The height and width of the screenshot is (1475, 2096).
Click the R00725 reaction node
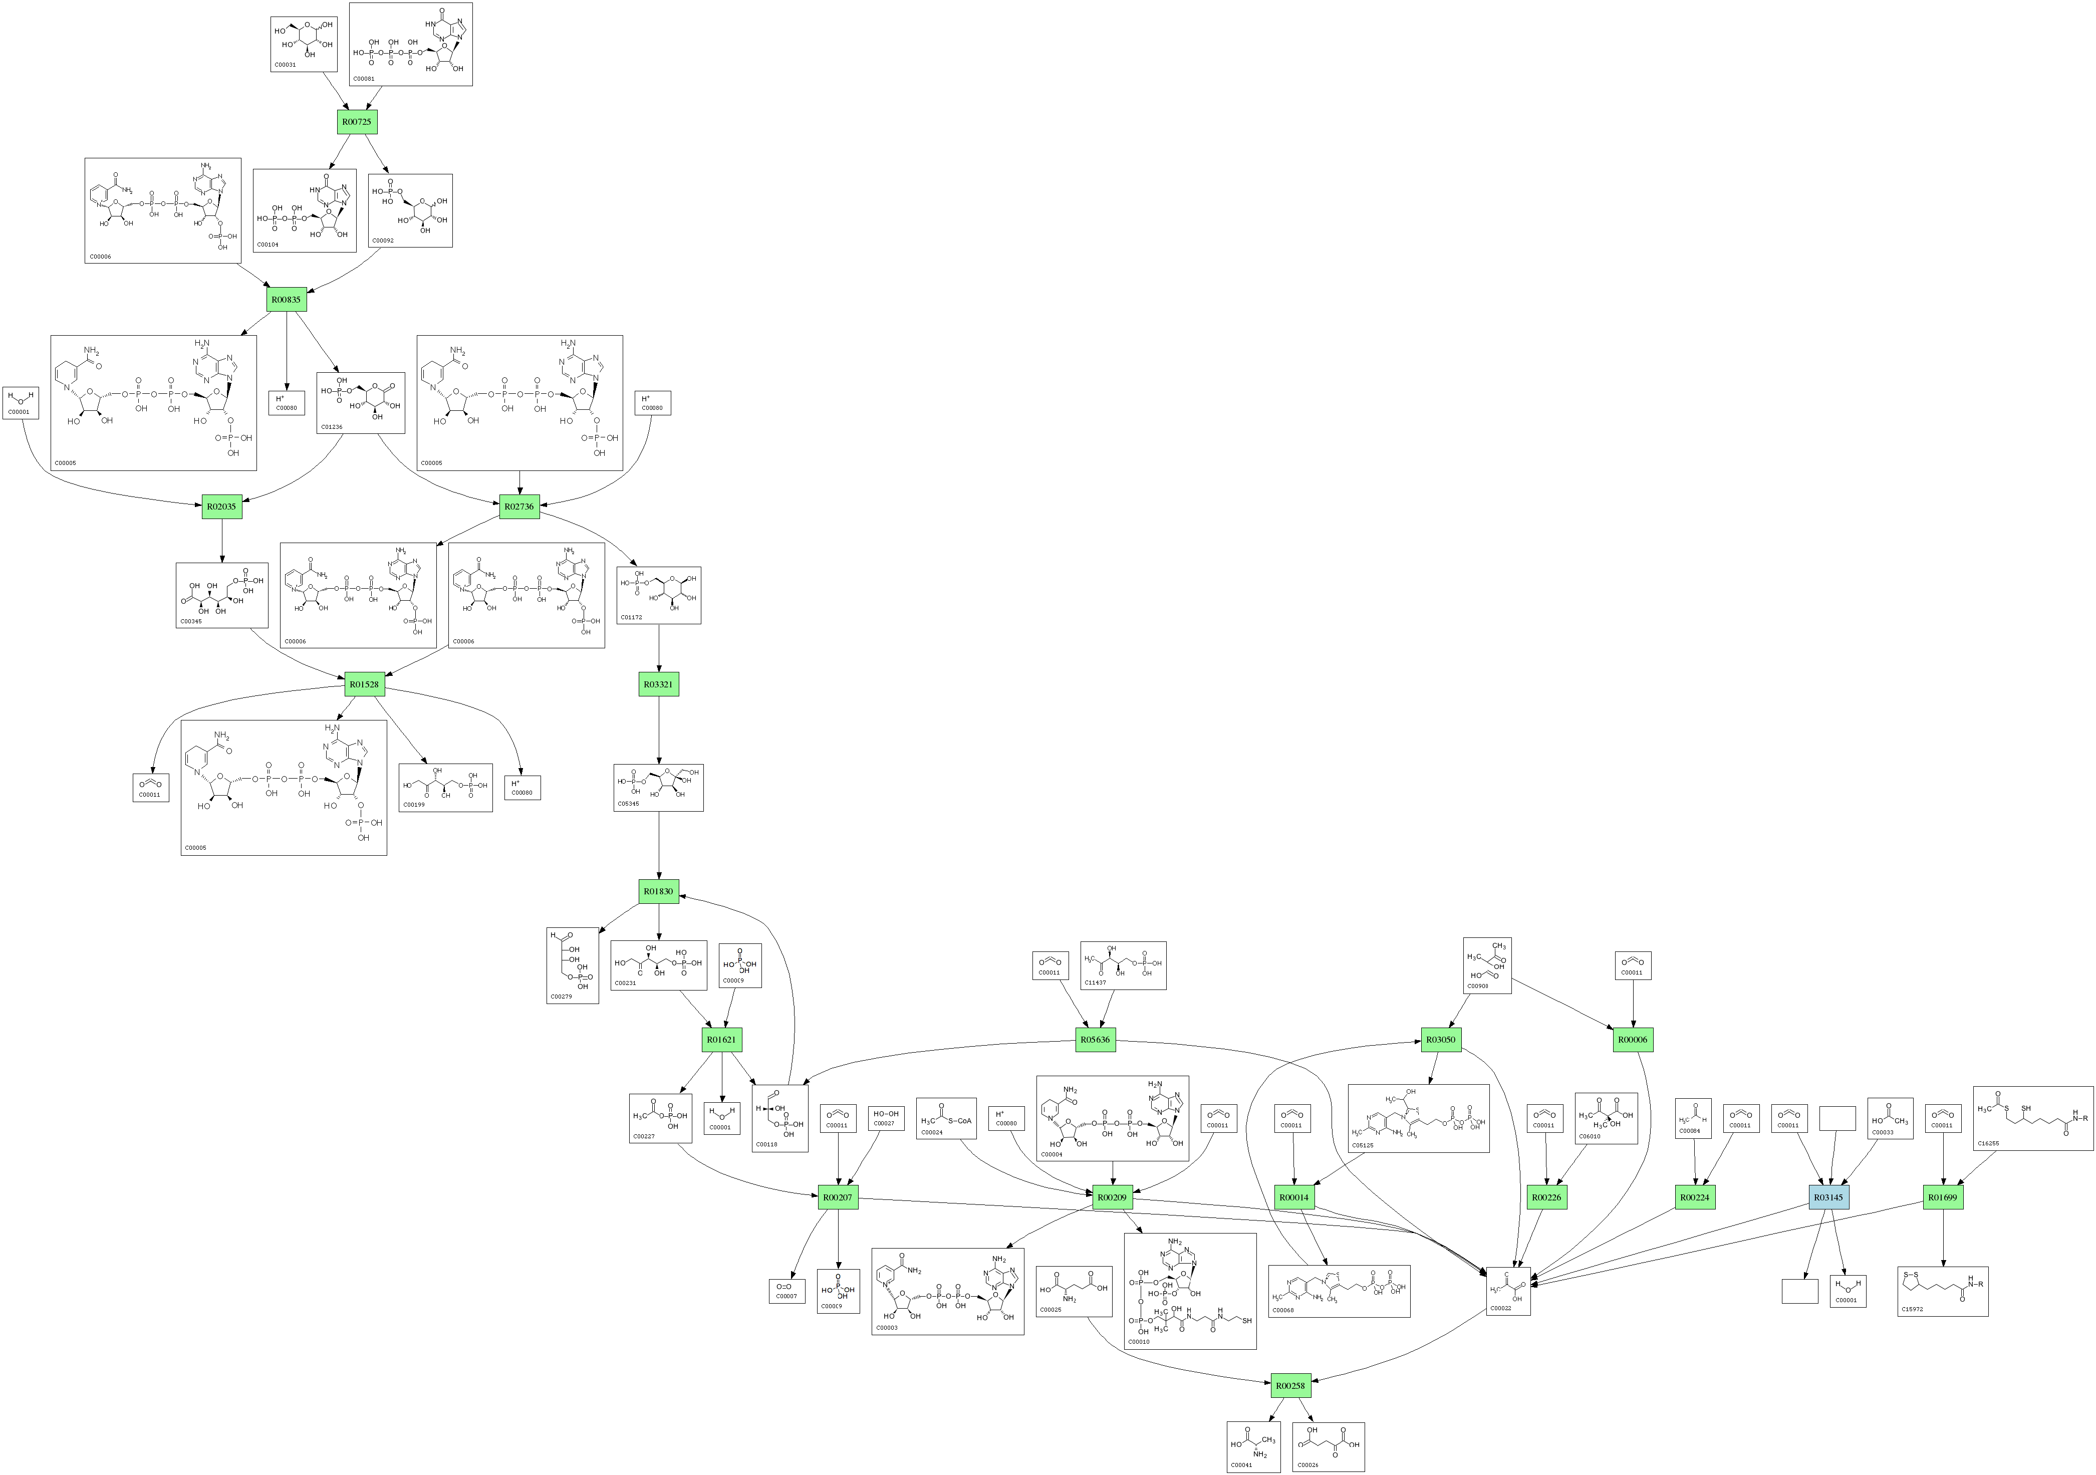pos(356,121)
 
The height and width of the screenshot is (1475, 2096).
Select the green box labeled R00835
pos(286,300)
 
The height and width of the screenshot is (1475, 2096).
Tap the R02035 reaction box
pos(222,507)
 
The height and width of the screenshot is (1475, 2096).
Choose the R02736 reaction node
pos(519,507)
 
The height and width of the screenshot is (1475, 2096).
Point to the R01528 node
pos(363,684)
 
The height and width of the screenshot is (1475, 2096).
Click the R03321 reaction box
pos(658,684)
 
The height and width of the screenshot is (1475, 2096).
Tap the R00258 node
pos(1290,1385)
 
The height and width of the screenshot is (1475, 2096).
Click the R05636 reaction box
pos(1096,1040)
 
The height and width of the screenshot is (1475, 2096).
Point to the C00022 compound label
pos(1501,1308)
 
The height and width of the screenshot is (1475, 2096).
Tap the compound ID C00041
pos(1241,1465)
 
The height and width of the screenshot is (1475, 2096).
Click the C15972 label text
pos(1912,1309)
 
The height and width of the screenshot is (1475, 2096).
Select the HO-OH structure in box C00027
pos(886,1114)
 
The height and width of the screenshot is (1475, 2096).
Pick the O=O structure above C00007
pos(785,1286)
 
